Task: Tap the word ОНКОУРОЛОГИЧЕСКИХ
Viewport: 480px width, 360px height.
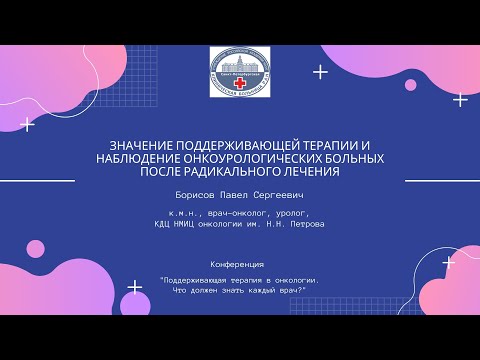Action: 250,158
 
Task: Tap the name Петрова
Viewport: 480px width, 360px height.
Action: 307,224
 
